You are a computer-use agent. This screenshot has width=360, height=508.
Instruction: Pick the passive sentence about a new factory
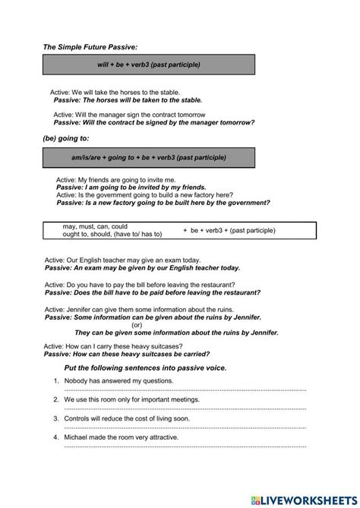coord(163,203)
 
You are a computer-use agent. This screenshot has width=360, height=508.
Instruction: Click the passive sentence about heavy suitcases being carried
coord(127,354)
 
